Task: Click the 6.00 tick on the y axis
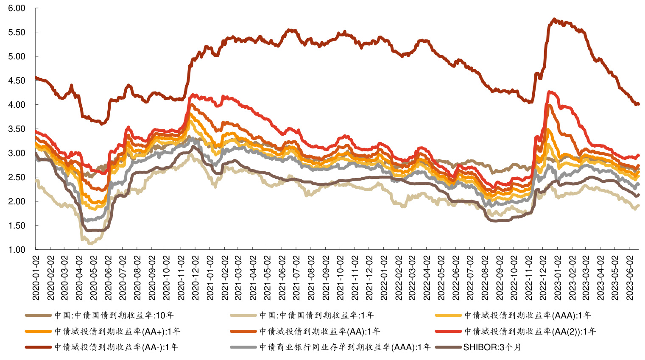point(17,8)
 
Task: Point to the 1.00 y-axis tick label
point(17,250)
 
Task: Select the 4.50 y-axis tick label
point(17,81)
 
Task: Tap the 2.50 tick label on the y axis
point(17,177)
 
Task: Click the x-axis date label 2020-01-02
point(36,278)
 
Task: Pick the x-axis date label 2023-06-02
point(630,278)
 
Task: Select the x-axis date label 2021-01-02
point(210,278)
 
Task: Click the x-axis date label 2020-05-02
point(94,278)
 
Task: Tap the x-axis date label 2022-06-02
point(456,278)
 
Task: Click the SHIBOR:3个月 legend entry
point(492,347)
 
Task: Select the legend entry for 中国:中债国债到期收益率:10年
point(114,315)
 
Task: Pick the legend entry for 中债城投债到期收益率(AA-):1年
point(116,347)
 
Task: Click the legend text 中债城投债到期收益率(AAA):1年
point(527,315)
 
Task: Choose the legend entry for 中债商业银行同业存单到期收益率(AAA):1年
point(344,347)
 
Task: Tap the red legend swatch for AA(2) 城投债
point(448,331)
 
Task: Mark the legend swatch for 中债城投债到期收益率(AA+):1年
point(38,331)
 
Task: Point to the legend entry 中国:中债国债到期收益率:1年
point(316,315)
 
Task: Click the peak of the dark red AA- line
point(554,19)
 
